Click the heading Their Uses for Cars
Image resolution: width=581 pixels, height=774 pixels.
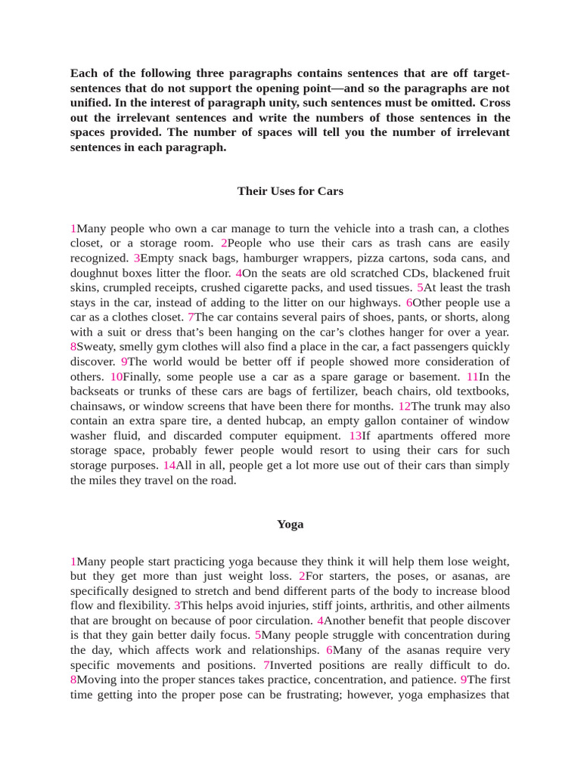[290, 191]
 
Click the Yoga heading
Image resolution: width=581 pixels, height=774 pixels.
[290, 524]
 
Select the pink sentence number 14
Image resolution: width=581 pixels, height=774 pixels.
[169, 466]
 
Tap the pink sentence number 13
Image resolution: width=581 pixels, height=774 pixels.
[355, 436]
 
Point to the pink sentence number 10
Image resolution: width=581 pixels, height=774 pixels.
[116, 376]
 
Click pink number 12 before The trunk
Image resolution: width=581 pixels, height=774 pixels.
[404, 406]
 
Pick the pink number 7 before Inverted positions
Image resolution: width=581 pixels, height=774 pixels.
[266, 665]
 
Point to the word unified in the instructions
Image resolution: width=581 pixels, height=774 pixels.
[89, 103]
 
